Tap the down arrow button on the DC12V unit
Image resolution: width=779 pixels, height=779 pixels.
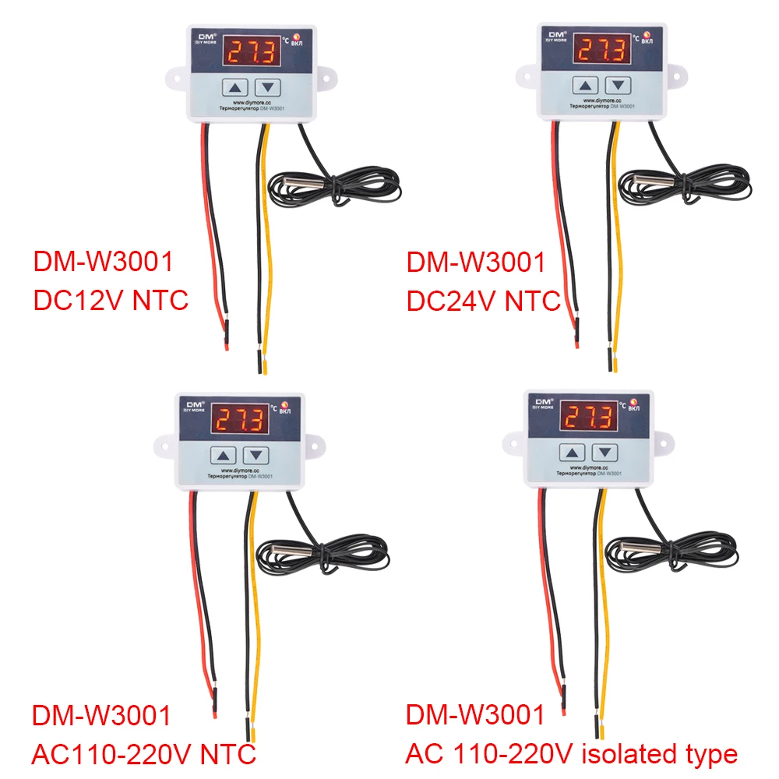pyautogui.click(x=268, y=87)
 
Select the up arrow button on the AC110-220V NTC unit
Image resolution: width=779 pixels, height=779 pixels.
pyautogui.click(x=225, y=456)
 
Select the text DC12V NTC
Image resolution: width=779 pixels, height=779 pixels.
pyautogui.click(x=111, y=300)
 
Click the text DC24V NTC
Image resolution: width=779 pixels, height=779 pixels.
pyautogui.click(x=484, y=300)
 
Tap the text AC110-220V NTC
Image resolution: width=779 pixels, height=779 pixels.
pyautogui.click(x=144, y=754)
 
